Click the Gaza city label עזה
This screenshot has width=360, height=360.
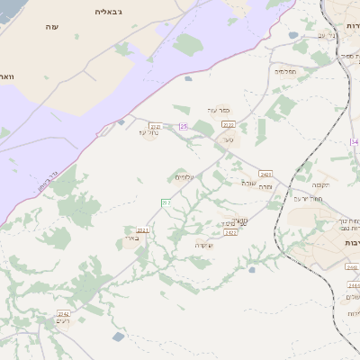coord(50,28)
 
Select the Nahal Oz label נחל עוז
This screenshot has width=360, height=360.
coord(151,134)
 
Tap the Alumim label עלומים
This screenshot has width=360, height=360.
coord(186,177)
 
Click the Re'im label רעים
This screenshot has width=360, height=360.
coord(62,321)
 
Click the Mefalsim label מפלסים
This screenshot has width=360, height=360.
coord(285,69)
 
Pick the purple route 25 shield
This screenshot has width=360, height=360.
coord(184,127)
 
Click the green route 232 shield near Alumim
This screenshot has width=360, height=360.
coord(166,202)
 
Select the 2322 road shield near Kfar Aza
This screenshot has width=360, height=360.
coord(228,124)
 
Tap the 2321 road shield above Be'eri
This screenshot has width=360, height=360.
coord(142,230)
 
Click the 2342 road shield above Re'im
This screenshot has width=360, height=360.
coord(64,313)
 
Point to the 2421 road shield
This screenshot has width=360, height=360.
coord(265,174)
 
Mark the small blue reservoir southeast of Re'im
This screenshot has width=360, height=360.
coord(119,337)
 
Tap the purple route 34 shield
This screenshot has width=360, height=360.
coord(355,142)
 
